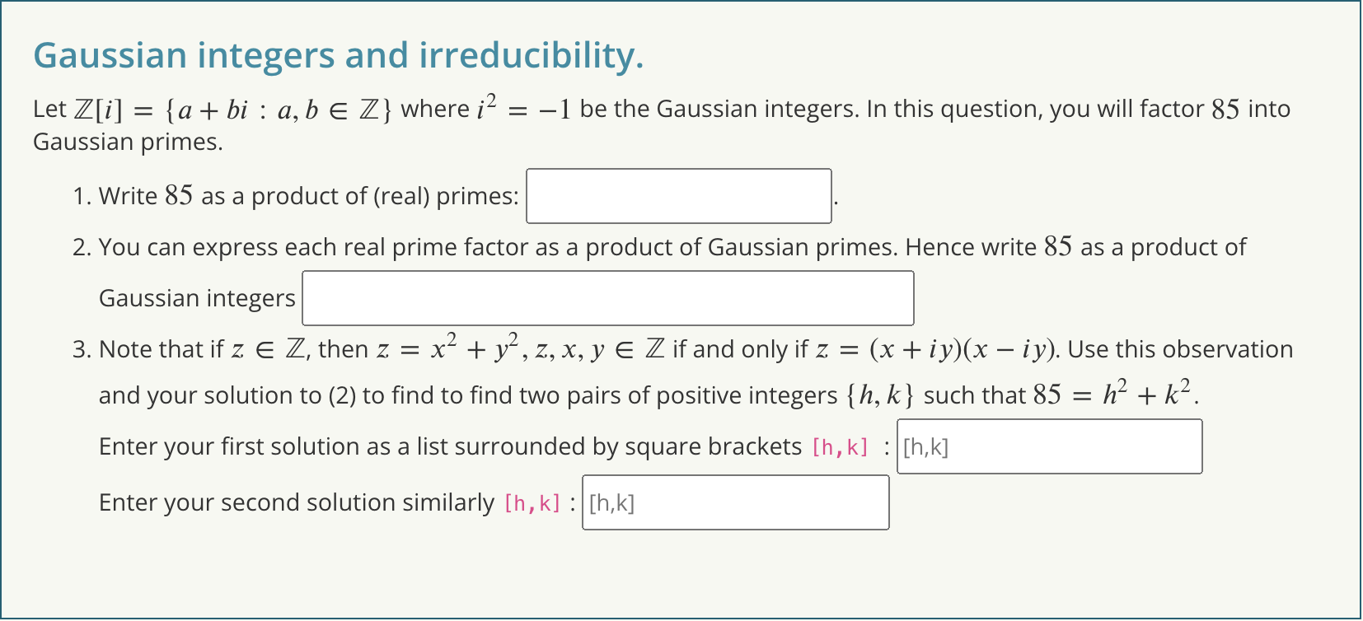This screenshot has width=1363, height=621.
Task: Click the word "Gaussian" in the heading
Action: tap(110, 56)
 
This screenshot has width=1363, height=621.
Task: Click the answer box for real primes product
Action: tap(678, 196)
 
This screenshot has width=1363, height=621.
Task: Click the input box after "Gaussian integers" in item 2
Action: tap(607, 298)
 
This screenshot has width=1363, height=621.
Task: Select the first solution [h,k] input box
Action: tap(1048, 446)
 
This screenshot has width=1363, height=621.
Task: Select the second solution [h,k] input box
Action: tap(735, 502)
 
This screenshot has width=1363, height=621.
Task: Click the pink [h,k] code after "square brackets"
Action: tap(840, 447)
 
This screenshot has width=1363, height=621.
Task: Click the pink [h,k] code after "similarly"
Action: tap(532, 503)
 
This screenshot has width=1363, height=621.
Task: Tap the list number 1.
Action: tap(80, 196)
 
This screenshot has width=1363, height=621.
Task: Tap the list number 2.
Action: tap(80, 247)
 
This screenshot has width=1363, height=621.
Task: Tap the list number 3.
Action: tap(80, 349)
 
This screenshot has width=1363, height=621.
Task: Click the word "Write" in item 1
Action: tap(128, 196)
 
